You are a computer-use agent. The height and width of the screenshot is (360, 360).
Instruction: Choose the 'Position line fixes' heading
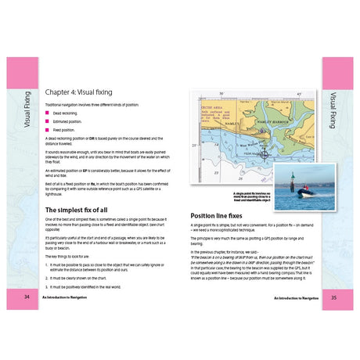click(x=221, y=214)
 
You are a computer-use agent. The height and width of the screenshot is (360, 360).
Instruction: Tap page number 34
click(x=27, y=297)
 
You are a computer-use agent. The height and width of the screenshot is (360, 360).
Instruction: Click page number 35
click(x=333, y=297)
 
